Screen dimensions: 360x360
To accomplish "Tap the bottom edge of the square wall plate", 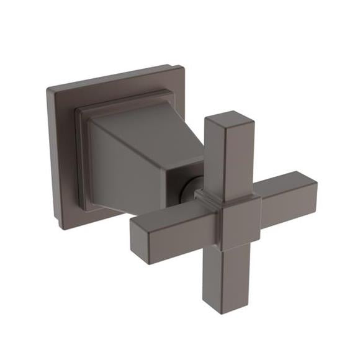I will [x=93, y=220].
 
